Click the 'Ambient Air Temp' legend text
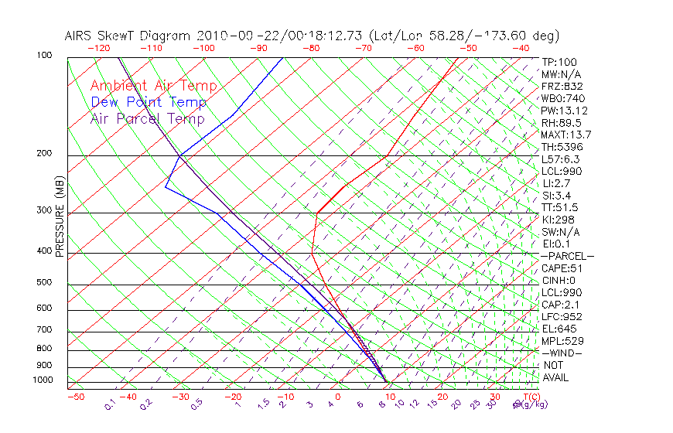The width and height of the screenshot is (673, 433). pyautogui.click(x=153, y=86)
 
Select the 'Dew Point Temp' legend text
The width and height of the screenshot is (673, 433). pyautogui.click(x=149, y=102)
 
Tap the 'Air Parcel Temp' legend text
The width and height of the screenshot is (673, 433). pyautogui.click(x=147, y=118)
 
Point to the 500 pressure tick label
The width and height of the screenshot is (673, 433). pyautogui.click(x=44, y=283)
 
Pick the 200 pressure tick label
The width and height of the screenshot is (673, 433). pyautogui.click(x=44, y=154)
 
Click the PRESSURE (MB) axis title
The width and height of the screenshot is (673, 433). pyautogui.click(x=60, y=218)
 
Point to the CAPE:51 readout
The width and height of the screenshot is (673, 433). pyautogui.click(x=562, y=268)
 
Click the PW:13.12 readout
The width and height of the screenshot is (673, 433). pyautogui.click(x=563, y=111)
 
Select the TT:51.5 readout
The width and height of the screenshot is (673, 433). pyautogui.click(x=560, y=208)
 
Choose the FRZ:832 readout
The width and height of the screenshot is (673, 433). pyautogui.click(x=562, y=86)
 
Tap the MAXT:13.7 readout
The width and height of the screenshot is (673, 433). pyautogui.click(x=566, y=135)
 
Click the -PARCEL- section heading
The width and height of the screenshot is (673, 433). pyautogui.click(x=567, y=256)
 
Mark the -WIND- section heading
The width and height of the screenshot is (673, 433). pyautogui.click(x=562, y=353)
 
